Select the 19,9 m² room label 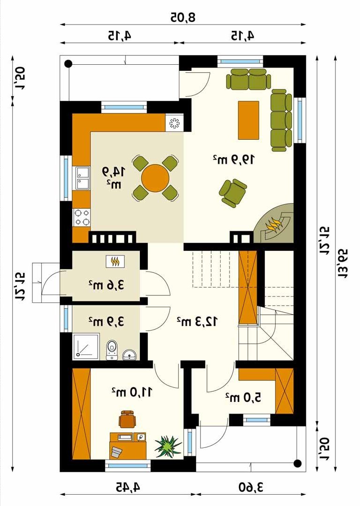point(234,159)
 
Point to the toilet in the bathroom point(111,349)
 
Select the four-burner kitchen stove point(82,217)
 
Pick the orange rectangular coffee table point(248,120)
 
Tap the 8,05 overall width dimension point(183,17)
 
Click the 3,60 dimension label point(251,487)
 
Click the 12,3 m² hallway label point(197,321)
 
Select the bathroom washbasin point(130,355)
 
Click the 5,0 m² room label point(243,397)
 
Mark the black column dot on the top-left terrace point(68,64)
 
